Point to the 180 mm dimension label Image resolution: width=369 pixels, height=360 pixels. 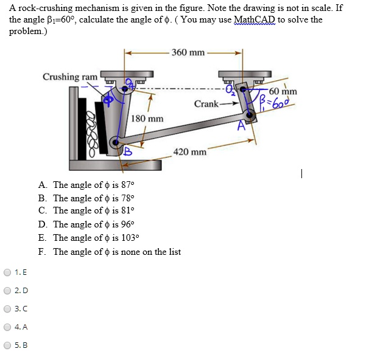click(x=147, y=118)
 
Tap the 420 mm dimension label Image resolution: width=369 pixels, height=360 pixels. click(x=190, y=151)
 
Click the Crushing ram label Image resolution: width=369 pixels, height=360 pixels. click(x=70, y=77)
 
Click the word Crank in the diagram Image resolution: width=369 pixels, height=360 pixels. click(x=206, y=104)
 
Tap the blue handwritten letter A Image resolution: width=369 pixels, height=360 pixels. click(x=242, y=126)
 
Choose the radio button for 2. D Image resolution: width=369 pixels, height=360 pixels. click(x=7, y=290)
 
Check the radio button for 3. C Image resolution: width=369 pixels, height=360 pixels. click(x=7, y=309)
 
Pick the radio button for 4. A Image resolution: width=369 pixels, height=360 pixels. click(x=7, y=327)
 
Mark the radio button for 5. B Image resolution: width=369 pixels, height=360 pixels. click(x=7, y=345)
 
